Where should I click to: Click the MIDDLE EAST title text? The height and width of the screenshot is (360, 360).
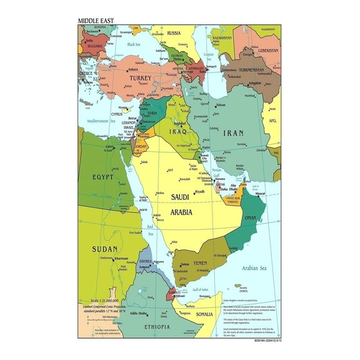[x=96, y=20]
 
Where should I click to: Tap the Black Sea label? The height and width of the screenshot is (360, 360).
[x=134, y=44]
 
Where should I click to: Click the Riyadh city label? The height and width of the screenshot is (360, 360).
[x=199, y=192]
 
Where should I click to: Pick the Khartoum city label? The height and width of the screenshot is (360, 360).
[x=121, y=257]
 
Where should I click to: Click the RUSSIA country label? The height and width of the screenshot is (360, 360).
[x=173, y=32]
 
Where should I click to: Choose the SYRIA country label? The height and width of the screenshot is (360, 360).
[x=152, y=113]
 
